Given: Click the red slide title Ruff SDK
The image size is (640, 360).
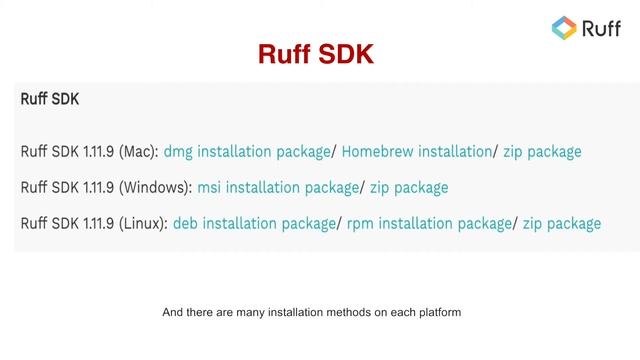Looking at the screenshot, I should pos(316,53).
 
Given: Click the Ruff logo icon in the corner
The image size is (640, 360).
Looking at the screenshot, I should pos(565,29).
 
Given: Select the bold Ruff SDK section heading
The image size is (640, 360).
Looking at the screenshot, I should pos(50,100).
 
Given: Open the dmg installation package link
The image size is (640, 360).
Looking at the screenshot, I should pos(246,152).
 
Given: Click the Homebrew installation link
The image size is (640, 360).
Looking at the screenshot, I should pos(416,152).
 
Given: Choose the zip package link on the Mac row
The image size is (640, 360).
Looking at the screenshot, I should pos(542,152).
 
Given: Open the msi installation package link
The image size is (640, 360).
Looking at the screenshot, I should pos(277,187).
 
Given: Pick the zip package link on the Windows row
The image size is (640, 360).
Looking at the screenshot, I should pos(409,187).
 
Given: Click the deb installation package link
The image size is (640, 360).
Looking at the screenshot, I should pos(253,223).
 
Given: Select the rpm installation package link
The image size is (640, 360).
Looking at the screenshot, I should pos(429,223).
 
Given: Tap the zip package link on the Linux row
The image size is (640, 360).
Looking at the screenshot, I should pos(561,223).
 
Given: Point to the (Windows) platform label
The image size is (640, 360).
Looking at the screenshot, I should pos(155,187).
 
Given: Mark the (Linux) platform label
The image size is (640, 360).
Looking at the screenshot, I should pos(143,223).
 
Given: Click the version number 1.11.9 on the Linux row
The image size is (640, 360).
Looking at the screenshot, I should pos(96,223).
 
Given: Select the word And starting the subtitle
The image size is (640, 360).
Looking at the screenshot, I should pos(172,312).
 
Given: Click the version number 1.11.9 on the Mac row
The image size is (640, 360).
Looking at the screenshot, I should pos(96,152).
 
